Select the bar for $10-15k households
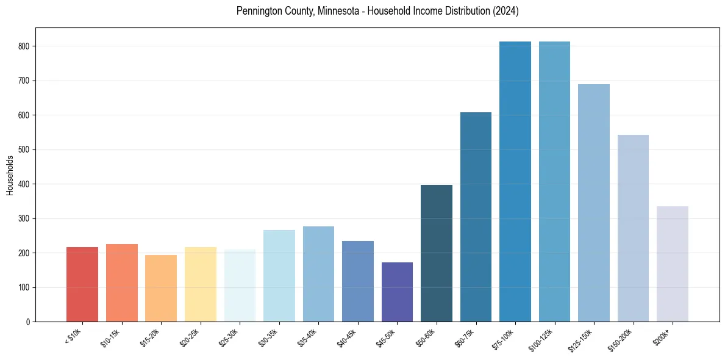coord(122,283)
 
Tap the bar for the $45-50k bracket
coord(397,292)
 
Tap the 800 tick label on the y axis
coord(24,46)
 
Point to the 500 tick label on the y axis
coord(24,149)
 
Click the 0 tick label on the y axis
coord(28,322)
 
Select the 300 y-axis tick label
coord(24,218)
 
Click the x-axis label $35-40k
coord(308,337)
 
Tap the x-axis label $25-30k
coord(229,337)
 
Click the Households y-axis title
coord(10,175)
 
